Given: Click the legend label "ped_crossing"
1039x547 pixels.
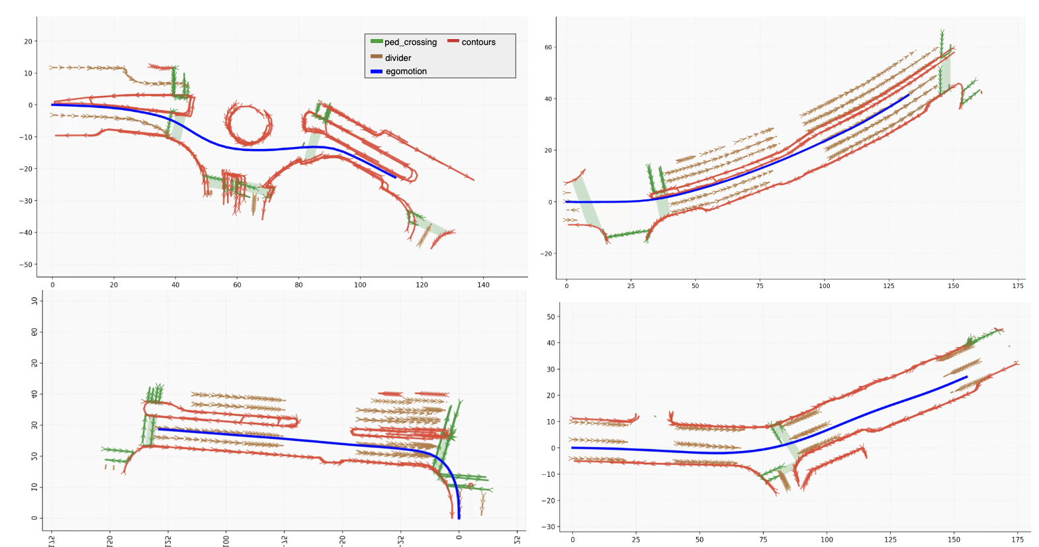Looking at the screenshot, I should tap(410, 42).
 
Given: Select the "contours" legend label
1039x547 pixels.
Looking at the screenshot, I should tap(478, 42).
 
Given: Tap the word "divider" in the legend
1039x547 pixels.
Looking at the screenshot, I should tap(398, 58).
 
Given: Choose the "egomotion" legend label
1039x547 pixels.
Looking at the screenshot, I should tap(406, 72).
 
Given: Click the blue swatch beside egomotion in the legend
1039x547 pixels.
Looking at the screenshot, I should tap(377, 72).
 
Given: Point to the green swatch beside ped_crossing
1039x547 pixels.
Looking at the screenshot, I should tap(377, 42).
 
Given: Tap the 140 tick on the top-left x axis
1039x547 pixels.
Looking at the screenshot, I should tap(483, 285).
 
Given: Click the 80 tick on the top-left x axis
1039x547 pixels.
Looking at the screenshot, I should tap(298, 285).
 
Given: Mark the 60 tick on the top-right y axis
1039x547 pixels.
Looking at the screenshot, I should tap(548, 48).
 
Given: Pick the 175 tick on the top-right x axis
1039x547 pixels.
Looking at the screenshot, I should tap(1018, 286).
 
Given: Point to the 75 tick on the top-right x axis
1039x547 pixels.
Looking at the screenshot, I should tap(760, 286).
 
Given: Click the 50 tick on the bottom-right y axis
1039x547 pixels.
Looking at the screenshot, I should tap(551, 317).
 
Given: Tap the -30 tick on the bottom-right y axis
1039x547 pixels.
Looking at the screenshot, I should tap(549, 527).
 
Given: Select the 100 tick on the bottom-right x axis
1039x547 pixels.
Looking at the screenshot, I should tap(827, 540).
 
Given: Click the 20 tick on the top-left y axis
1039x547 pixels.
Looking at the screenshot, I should tap(28, 41).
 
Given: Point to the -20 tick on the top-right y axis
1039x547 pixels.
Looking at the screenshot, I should tap(546, 254).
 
